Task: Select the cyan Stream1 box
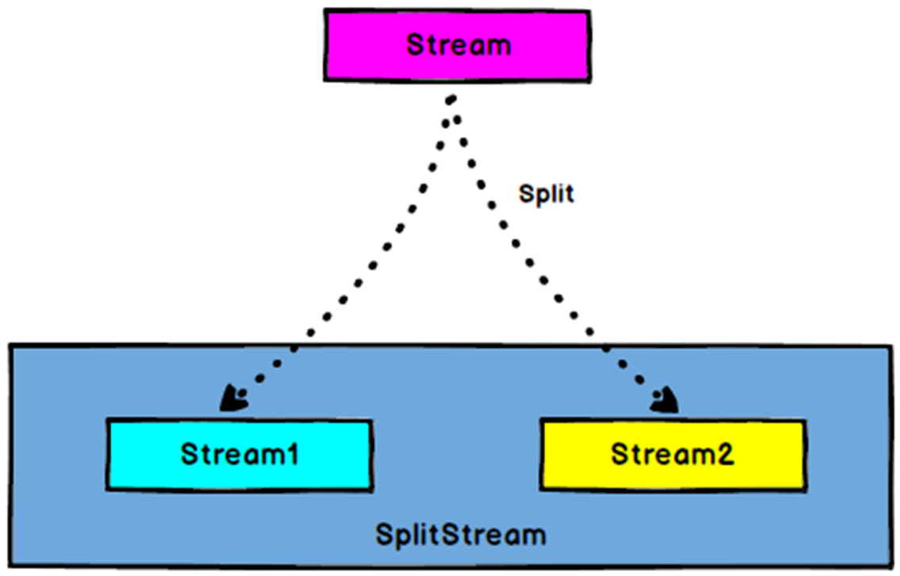pyautogui.click(x=239, y=455)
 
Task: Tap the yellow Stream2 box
pyautogui.click(x=673, y=455)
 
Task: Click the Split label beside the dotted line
pyautogui.click(x=546, y=194)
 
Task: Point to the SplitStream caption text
pyautogui.click(x=460, y=534)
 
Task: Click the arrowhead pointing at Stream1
pyautogui.click(x=235, y=399)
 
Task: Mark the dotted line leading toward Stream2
pyautogui.click(x=547, y=254)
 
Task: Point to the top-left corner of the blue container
pyautogui.click(x=10, y=345)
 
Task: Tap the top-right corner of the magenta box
pyautogui.click(x=589, y=11)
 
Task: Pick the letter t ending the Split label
pyautogui.click(x=569, y=194)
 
